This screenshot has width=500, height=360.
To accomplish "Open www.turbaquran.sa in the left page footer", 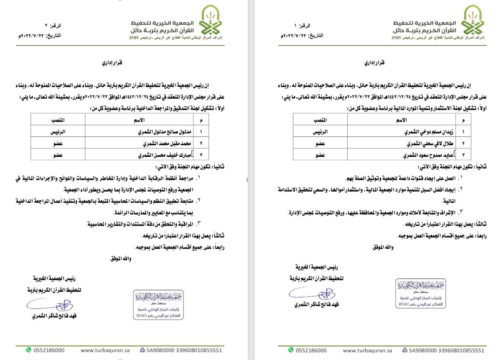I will click(103, 351).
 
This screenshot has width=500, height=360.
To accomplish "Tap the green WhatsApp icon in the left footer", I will click(28, 350).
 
